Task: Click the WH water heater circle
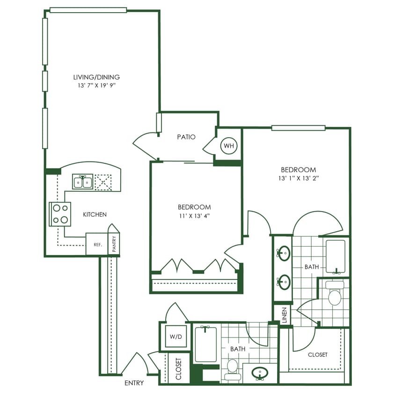tap(229, 146)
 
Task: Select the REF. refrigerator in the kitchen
tap(97, 244)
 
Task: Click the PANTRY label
tap(114, 244)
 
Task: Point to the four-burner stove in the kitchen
tap(60, 214)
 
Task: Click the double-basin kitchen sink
tap(83, 182)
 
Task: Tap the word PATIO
tap(186, 137)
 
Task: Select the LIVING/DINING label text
tap(96, 77)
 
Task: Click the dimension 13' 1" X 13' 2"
tap(298, 178)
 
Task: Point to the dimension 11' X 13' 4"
tap(194, 216)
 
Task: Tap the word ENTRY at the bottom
tap(134, 383)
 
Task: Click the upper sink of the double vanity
tap(284, 253)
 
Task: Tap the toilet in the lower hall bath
tap(233, 368)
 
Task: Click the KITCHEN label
tap(95, 214)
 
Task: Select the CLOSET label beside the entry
tap(178, 368)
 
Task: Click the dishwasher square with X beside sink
tap(103, 182)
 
